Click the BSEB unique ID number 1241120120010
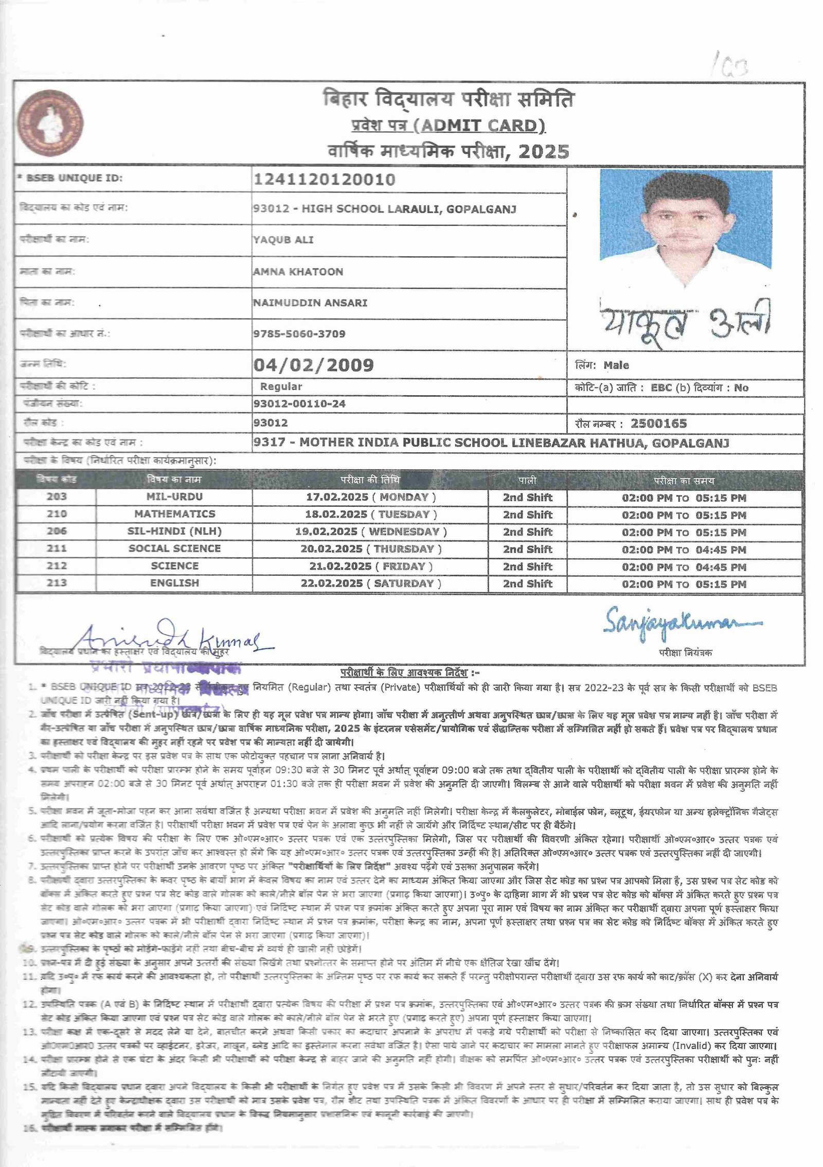325,180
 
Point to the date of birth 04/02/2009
313,365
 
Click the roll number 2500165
658,423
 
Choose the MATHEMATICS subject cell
174,514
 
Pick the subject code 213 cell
57,583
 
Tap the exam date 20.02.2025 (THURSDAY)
371,549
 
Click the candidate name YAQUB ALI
283,240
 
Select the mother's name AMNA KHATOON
298,272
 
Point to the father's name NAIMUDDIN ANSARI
310,303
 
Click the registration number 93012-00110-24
299,404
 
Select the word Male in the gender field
616,365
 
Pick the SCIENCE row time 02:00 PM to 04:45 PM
684,567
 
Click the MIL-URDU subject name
174,497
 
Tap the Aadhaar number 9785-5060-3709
299,334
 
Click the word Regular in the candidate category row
281,386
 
